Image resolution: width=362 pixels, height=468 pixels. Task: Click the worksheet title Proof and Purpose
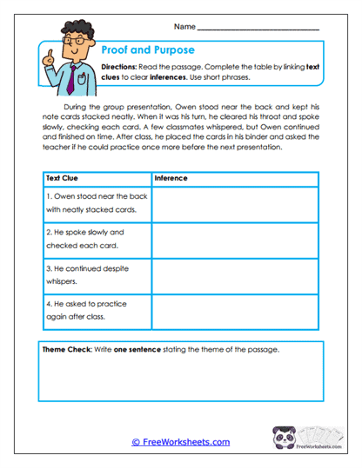pyautogui.click(x=147, y=50)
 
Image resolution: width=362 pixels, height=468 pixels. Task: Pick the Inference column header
pyautogui.click(x=171, y=179)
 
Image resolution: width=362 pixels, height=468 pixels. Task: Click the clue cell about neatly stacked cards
pyautogui.click(x=97, y=203)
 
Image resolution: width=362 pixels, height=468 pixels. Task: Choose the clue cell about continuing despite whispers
pyautogui.click(x=97, y=275)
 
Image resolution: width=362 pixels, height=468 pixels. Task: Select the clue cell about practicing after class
pyautogui.click(x=97, y=311)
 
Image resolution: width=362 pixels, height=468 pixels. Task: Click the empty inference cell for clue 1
pyautogui.click(x=235, y=203)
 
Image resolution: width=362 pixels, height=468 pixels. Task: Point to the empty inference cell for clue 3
pyautogui.click(x=235, y=275)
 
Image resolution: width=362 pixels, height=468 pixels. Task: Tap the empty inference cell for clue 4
pyautogui.click(x=235, y=311)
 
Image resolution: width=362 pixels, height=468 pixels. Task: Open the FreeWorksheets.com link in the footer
pyautogui.click(x=181, y=442)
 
